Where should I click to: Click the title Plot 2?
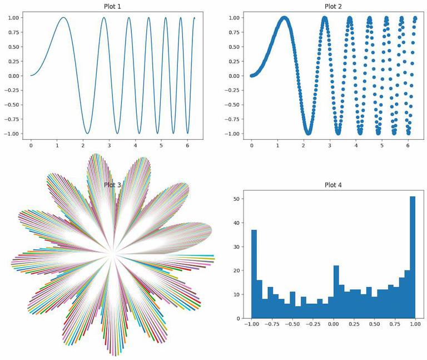[x=333, y=6]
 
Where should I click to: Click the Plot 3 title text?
[x=113, y=185]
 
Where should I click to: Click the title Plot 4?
[x=333, y=185]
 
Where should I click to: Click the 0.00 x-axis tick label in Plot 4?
[x=333, y=324]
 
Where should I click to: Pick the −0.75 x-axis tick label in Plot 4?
[x=271, y=324]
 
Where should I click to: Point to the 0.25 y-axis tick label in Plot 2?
[x=234, y=61]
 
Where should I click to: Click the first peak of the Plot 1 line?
[x=63, y=18]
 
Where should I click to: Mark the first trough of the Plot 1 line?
[x=87, y=133]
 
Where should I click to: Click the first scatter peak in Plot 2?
[x=285, y=18]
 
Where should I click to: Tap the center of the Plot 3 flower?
[x=113, y=254]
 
